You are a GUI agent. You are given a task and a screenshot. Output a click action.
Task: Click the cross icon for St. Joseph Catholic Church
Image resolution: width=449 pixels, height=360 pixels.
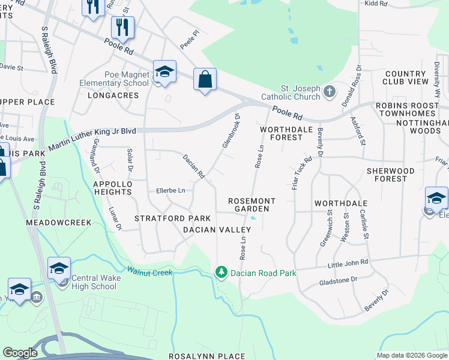tap(328, 92)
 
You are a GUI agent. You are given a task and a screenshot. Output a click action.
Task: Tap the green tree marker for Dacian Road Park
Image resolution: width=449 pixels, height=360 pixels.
tap(221, 273)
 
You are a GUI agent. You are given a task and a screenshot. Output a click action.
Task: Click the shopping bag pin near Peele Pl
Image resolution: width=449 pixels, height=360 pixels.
tap(205, 80)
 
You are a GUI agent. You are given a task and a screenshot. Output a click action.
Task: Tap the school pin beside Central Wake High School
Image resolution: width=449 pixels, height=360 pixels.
tap(59, 269)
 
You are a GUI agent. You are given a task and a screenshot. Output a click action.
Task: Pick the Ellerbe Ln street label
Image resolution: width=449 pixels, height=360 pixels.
tap(170, 191)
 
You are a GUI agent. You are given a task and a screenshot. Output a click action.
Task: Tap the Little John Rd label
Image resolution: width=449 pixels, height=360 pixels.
tap(348, 263)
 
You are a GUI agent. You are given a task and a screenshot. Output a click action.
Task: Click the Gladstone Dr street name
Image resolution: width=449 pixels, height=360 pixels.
tap(338, 280)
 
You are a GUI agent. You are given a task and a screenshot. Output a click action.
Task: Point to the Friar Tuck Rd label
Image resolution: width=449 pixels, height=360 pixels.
tap(302, 173)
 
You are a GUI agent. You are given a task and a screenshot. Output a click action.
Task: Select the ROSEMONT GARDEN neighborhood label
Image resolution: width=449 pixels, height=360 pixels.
tap(252, 205)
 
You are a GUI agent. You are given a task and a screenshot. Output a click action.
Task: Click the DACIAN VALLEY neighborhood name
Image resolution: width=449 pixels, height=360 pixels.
tap(217, 230)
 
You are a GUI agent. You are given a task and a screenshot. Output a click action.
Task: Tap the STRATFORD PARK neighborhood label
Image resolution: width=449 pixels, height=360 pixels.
tap(172, 218)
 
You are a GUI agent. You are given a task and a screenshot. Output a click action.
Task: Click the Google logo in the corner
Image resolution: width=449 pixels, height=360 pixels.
tap(20, 353)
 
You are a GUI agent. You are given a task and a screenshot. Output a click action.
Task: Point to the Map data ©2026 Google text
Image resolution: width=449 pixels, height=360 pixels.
tap(411, 355)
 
